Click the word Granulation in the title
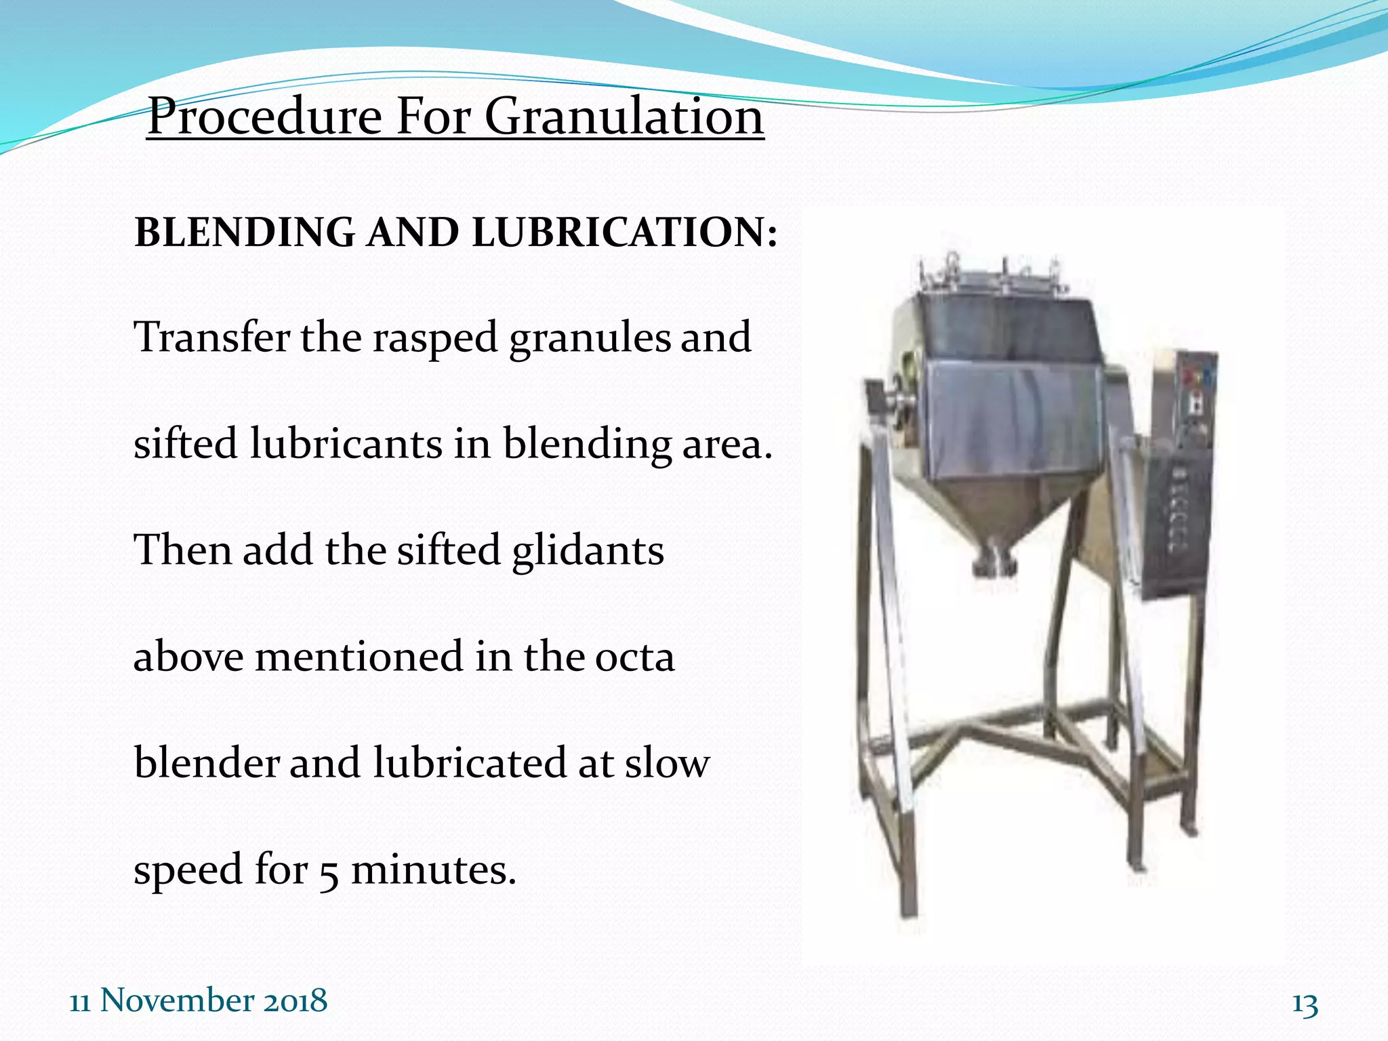tap(624, 117)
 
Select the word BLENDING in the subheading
tap(245, 232)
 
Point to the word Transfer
tap(212, 337)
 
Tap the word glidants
tap(588, 550)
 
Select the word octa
tap(634, 657)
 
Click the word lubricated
tap(470, 763)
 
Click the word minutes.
tap(434, 870)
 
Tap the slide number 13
tap(1305, 1004)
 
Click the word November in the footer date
tap(177, 1000)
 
